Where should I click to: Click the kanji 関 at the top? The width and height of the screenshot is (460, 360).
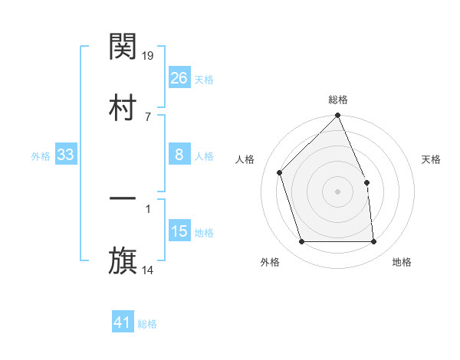pos(123,48)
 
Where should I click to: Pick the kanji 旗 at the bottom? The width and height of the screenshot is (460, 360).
pos(123,261)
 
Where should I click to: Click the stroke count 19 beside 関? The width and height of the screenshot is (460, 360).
pos(149,55)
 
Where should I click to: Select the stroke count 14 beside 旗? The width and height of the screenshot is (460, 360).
pos(148,270)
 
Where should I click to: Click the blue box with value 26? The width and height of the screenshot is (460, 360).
pos(179,77)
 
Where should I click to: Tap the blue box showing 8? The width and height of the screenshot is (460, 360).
pos(179,155)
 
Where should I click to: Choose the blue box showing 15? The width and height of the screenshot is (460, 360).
pos(179,231)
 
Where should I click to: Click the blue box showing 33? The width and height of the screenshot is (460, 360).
pos(66,155)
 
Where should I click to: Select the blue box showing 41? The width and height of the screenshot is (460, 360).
pos(123,322)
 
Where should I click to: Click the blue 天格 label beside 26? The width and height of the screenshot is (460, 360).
pos(204,79)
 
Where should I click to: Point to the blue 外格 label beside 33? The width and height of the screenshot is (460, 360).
pos(41,156)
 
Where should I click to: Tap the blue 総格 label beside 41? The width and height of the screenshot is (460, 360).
pos(147,324)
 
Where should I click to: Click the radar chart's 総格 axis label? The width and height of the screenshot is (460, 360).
pos(338,100)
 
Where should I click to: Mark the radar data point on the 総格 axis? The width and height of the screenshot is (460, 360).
pos(338,116)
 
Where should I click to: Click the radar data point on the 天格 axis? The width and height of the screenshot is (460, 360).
pos(366,182)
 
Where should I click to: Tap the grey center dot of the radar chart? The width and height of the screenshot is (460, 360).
pos(338,191)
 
